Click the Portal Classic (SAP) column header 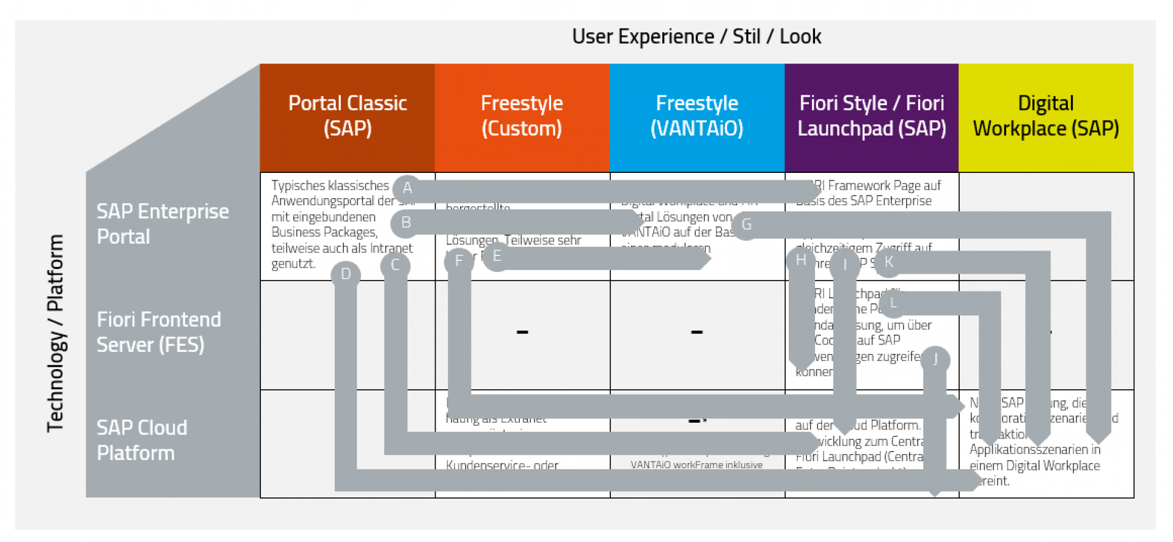(x=347, y=116)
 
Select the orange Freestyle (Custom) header (x=522, y=116)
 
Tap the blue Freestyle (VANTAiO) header (x=696, y=116)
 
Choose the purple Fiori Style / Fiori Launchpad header (x=871, y=116)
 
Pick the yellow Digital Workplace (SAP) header (x=1045, y=116)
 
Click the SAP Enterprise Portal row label (x=163, y=224)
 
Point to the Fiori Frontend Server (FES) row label (x=159, y=332)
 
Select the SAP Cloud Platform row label (x=142, y=440)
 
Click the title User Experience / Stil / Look (x=696, y=37)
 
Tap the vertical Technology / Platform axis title (x=56, y=333)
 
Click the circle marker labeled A (x=407, y=188)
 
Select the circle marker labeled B (x=406, y=223)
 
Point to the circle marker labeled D (x=346, y=274)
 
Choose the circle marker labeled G (x=746, y=225)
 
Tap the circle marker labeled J (x=935, y=359)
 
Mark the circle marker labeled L (x=893, y=303)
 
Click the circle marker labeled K (x=889, y=262)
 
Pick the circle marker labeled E (x=497, y=257)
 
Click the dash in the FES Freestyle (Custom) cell (x=522, y=332)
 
